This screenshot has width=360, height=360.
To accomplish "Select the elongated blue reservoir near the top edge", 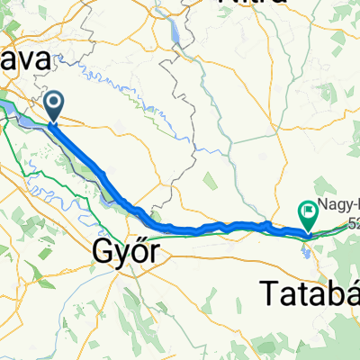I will point(176,36).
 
